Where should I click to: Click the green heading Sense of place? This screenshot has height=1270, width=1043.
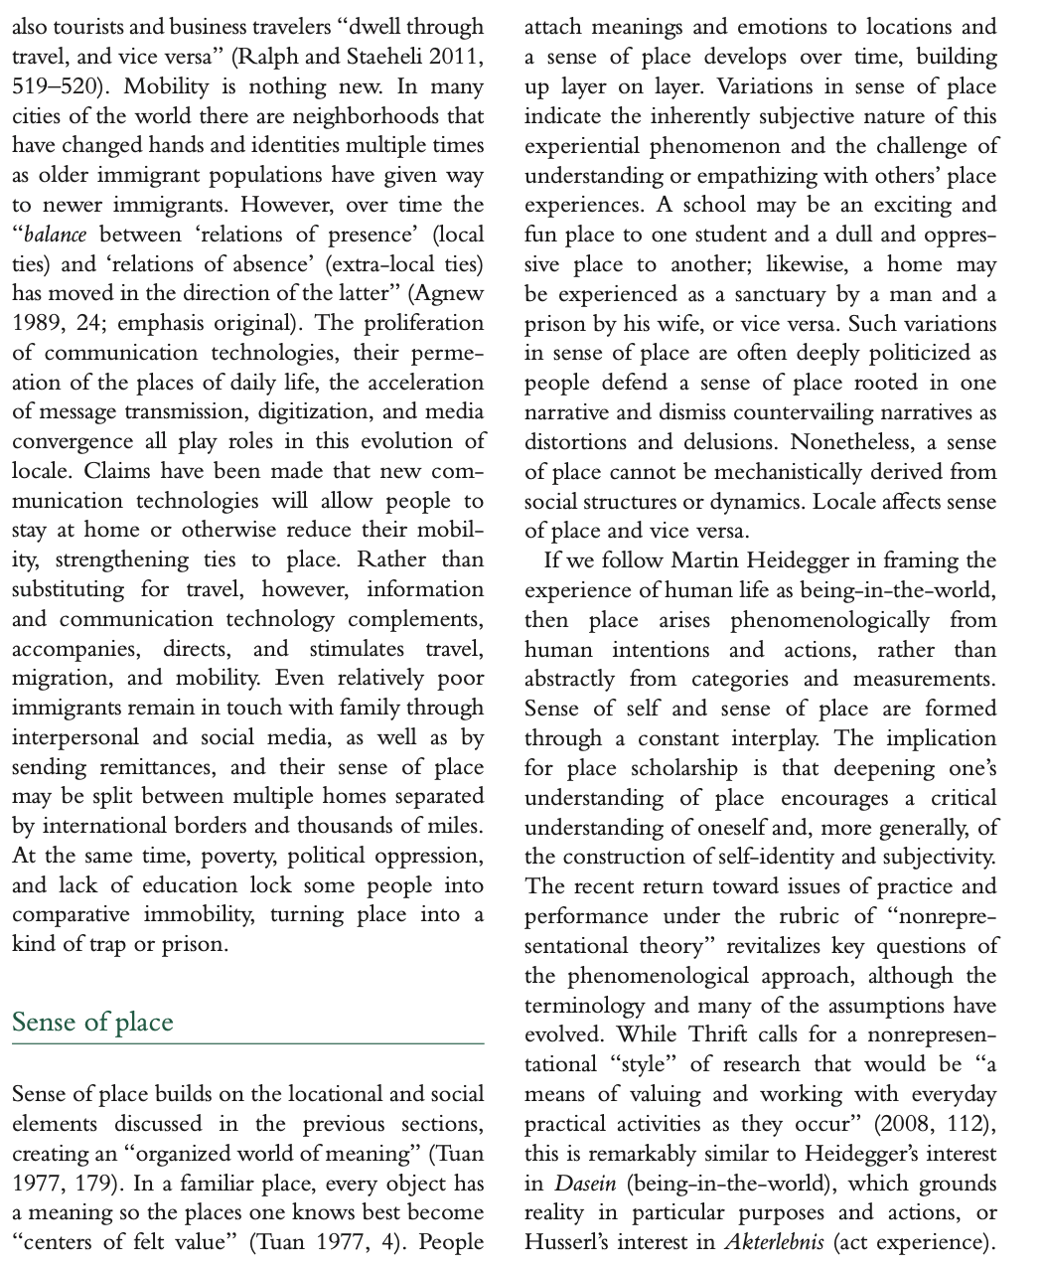click(92, 1022)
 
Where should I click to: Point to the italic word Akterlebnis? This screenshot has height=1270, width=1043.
click(774, 1243)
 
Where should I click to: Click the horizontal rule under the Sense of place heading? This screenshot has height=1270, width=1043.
click(247, 1044)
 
